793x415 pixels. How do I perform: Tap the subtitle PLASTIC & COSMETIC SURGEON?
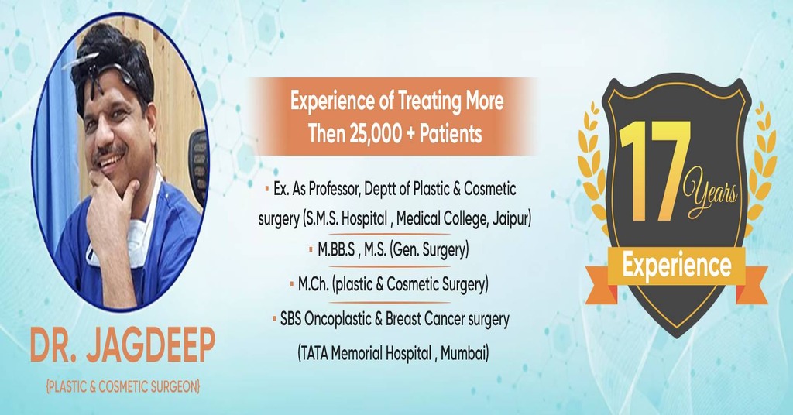[x=122, y=385]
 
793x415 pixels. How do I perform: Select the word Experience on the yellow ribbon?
[x=677, y=266]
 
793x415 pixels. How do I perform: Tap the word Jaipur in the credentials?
[x=510, y=218]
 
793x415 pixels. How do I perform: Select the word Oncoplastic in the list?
[x=340, y=318]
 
